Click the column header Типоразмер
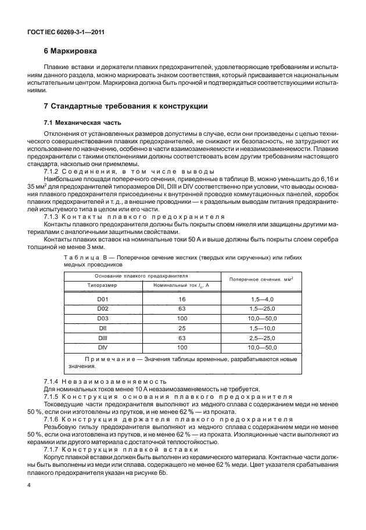point(102,286)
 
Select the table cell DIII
point(102,338)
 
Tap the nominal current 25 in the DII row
point(181,329)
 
